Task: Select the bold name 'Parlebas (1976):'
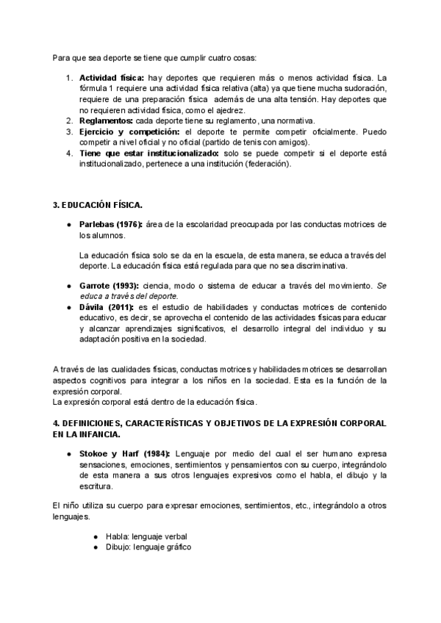(110, 224)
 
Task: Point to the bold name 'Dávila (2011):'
(104, 307)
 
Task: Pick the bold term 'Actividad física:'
(112, 78)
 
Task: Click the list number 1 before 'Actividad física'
(69, 78)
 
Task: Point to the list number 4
(69, 153)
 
